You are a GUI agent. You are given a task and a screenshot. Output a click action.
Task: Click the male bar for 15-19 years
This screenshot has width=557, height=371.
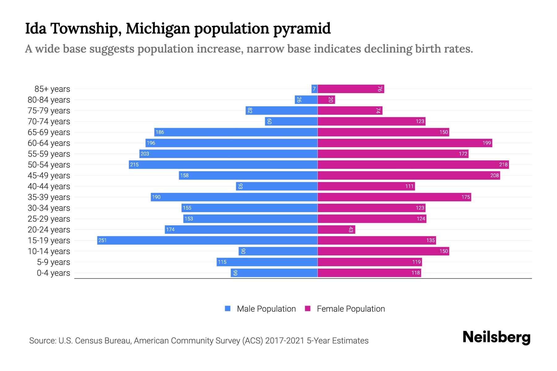(x=207, y=240)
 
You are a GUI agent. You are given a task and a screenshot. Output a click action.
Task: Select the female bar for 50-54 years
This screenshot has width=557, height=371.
(x=413, y=164)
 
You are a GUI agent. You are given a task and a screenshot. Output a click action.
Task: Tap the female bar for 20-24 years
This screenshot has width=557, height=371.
(x=336, y=229)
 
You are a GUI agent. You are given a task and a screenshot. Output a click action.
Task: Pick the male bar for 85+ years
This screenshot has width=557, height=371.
(x=314, y=89)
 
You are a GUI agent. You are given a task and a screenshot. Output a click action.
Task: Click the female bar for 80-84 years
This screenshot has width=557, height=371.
(x=326, y=100)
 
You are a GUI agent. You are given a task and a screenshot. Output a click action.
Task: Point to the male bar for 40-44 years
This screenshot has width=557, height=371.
(x=277, y=186)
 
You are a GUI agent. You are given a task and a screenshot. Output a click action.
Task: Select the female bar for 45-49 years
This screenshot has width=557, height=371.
(x=408, y=175)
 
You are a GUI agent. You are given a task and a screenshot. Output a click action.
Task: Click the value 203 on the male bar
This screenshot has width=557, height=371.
(x=145, y=154)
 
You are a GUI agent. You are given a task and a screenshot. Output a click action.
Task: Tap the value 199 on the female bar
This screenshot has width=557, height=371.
(x=486, y=143)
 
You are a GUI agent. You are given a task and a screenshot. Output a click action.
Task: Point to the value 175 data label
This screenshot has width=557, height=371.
(x=465, y=197)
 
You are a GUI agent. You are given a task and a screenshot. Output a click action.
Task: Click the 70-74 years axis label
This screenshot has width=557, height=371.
(x=49, y=122)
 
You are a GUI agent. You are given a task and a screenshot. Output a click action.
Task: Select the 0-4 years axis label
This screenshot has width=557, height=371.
(x=53, y=273)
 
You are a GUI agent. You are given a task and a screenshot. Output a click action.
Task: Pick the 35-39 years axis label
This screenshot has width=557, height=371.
(x=49, y=197)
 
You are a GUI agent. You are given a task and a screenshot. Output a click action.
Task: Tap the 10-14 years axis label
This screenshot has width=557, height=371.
(x=49, y=251)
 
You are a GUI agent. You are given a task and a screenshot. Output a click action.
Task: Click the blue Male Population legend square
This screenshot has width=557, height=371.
(x=228, y=309)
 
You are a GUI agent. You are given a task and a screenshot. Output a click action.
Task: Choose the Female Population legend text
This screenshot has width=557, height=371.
(x=351, y=309)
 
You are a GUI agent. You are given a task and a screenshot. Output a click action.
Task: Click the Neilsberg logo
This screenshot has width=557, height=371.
(x=496, y=337)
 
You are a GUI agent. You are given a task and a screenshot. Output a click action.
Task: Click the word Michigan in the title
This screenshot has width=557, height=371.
(x=158, y=28)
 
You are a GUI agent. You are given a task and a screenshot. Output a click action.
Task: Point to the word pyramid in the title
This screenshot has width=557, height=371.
(x=302, y=28)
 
